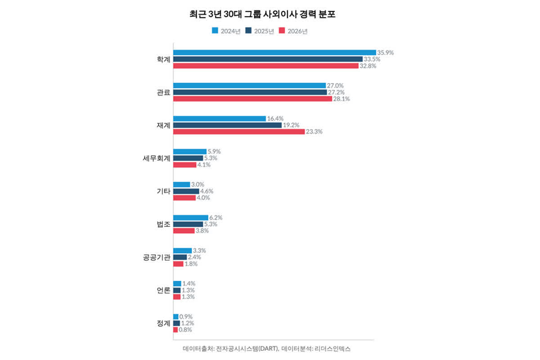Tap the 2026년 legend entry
tap(293, 31)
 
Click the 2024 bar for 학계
tap(274, 53)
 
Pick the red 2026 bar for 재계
tap(239, 132)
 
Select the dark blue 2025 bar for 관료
tap(250, 92)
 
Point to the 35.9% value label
tap(386, 53)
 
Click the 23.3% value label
tap(315, 132)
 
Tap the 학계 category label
tap(163, 59)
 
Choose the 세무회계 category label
tap(156, 158)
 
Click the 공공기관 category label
tap(156, 257)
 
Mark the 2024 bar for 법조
tap(191, 218)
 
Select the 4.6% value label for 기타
tap(207, 191)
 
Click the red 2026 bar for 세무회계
tap(185, 165)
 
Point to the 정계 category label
tap(163, 324)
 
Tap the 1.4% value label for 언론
tap(189, 283)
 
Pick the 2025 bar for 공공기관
tap(180, 257)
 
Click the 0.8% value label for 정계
tap(185, 330)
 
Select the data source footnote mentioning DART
tap(266, 349)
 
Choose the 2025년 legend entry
tap(260, 31)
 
